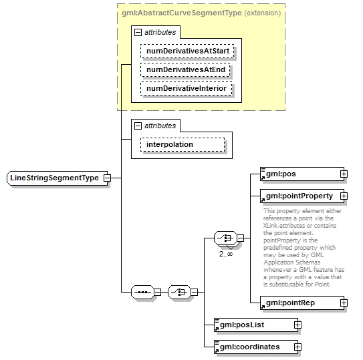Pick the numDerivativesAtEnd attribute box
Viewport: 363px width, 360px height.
coord(187,69)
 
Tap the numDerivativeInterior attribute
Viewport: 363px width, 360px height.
coord(187,88)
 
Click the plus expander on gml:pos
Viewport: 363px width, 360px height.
coord(344,174)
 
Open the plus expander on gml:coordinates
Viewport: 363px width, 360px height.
coord(298,347)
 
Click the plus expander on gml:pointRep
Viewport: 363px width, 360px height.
coord(344,303)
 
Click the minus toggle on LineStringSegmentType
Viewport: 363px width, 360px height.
coord(107,178)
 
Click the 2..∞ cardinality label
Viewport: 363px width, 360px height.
coord(225,254)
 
